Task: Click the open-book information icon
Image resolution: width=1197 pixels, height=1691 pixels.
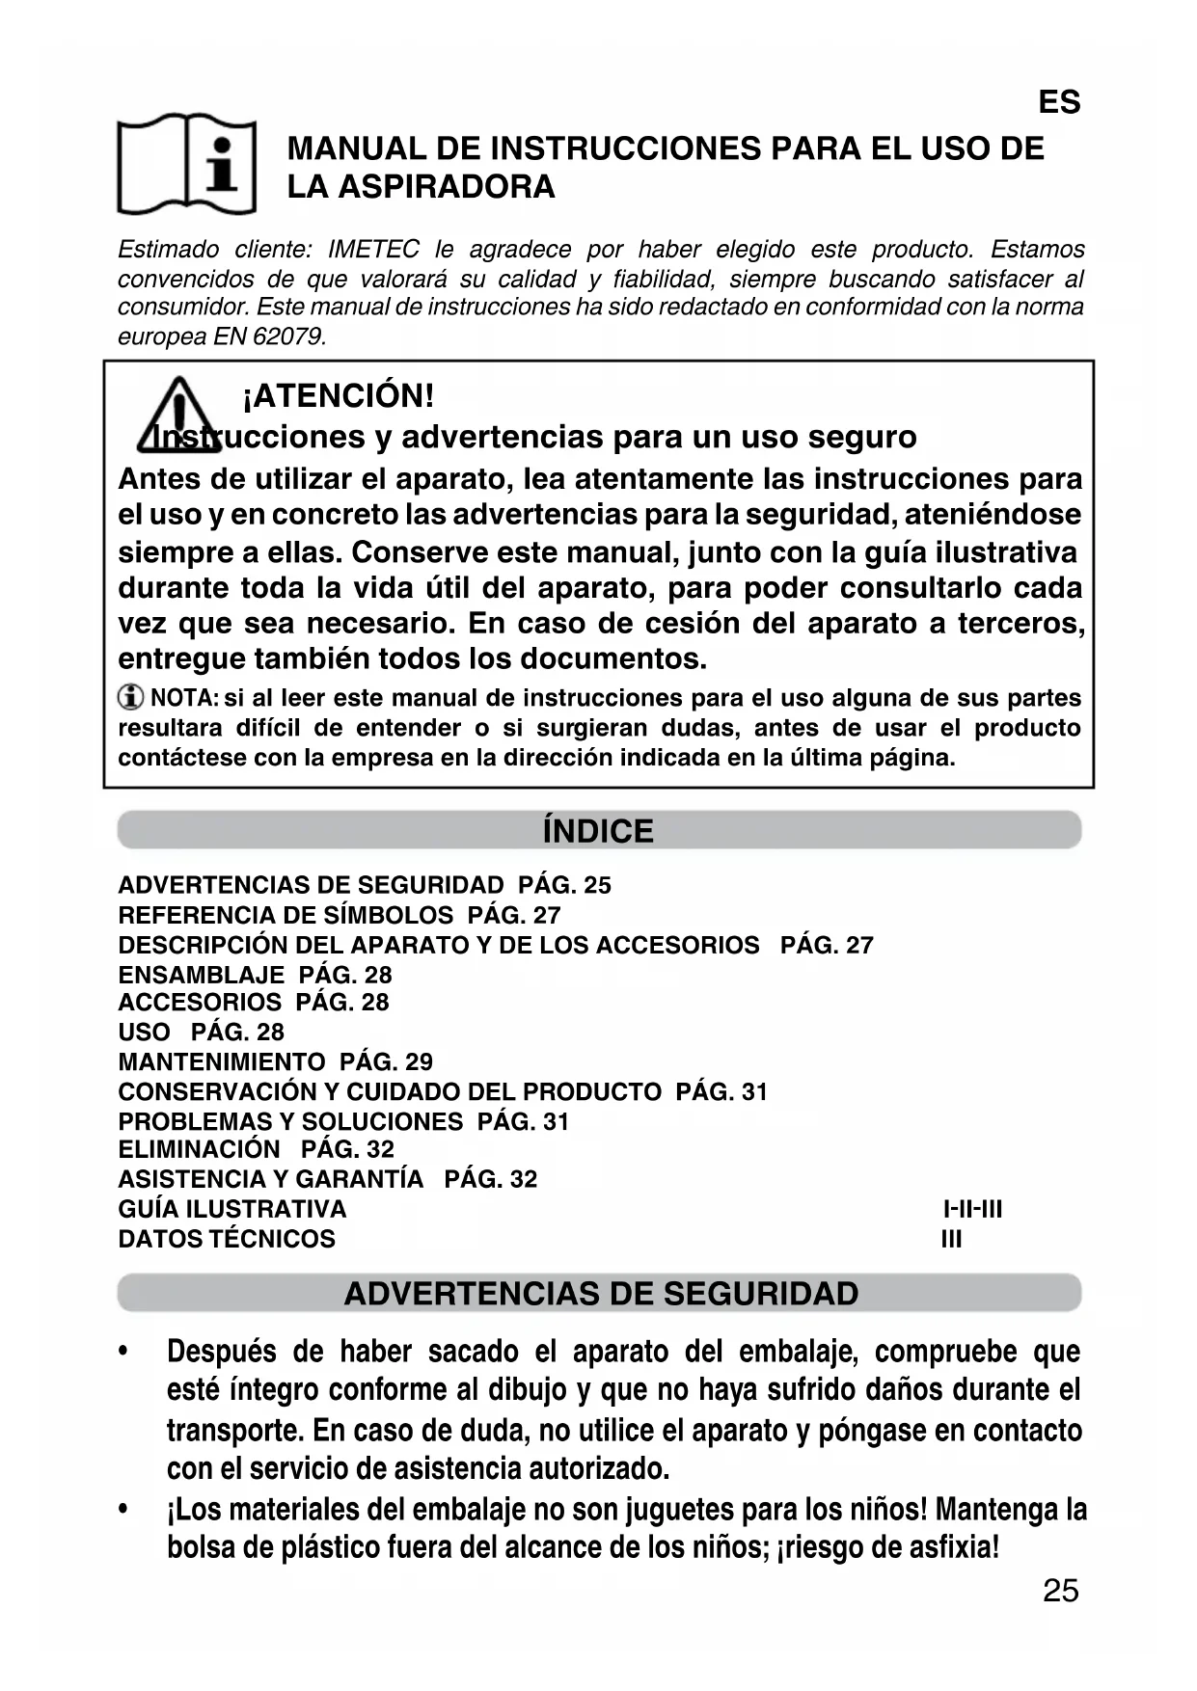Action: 186,164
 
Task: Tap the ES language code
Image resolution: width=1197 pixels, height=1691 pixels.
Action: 1058,102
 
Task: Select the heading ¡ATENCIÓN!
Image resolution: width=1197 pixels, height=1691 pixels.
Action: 338,395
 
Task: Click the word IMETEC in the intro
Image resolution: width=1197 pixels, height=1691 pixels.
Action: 373,250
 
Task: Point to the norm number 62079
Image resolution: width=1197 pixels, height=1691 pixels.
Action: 288,336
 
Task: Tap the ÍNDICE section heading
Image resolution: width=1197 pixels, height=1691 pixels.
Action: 598,831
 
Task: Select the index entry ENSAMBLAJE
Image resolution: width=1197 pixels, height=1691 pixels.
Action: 201,975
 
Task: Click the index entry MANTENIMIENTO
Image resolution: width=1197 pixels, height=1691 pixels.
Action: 221,1061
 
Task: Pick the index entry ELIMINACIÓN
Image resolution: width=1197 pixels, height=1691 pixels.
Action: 199,1149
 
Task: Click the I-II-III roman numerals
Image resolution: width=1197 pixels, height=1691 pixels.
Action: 972,1209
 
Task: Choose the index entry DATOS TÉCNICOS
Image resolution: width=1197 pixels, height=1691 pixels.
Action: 227,1239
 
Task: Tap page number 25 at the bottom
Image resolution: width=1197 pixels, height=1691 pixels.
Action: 1060,1591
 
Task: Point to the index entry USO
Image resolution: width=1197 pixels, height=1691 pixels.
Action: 144,1032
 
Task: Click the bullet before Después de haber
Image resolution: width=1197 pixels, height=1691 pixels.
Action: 123,1353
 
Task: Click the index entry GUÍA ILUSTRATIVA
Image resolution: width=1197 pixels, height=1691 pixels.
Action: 231,1209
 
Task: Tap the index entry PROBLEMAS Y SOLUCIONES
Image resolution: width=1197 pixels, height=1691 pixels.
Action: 290,1121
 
